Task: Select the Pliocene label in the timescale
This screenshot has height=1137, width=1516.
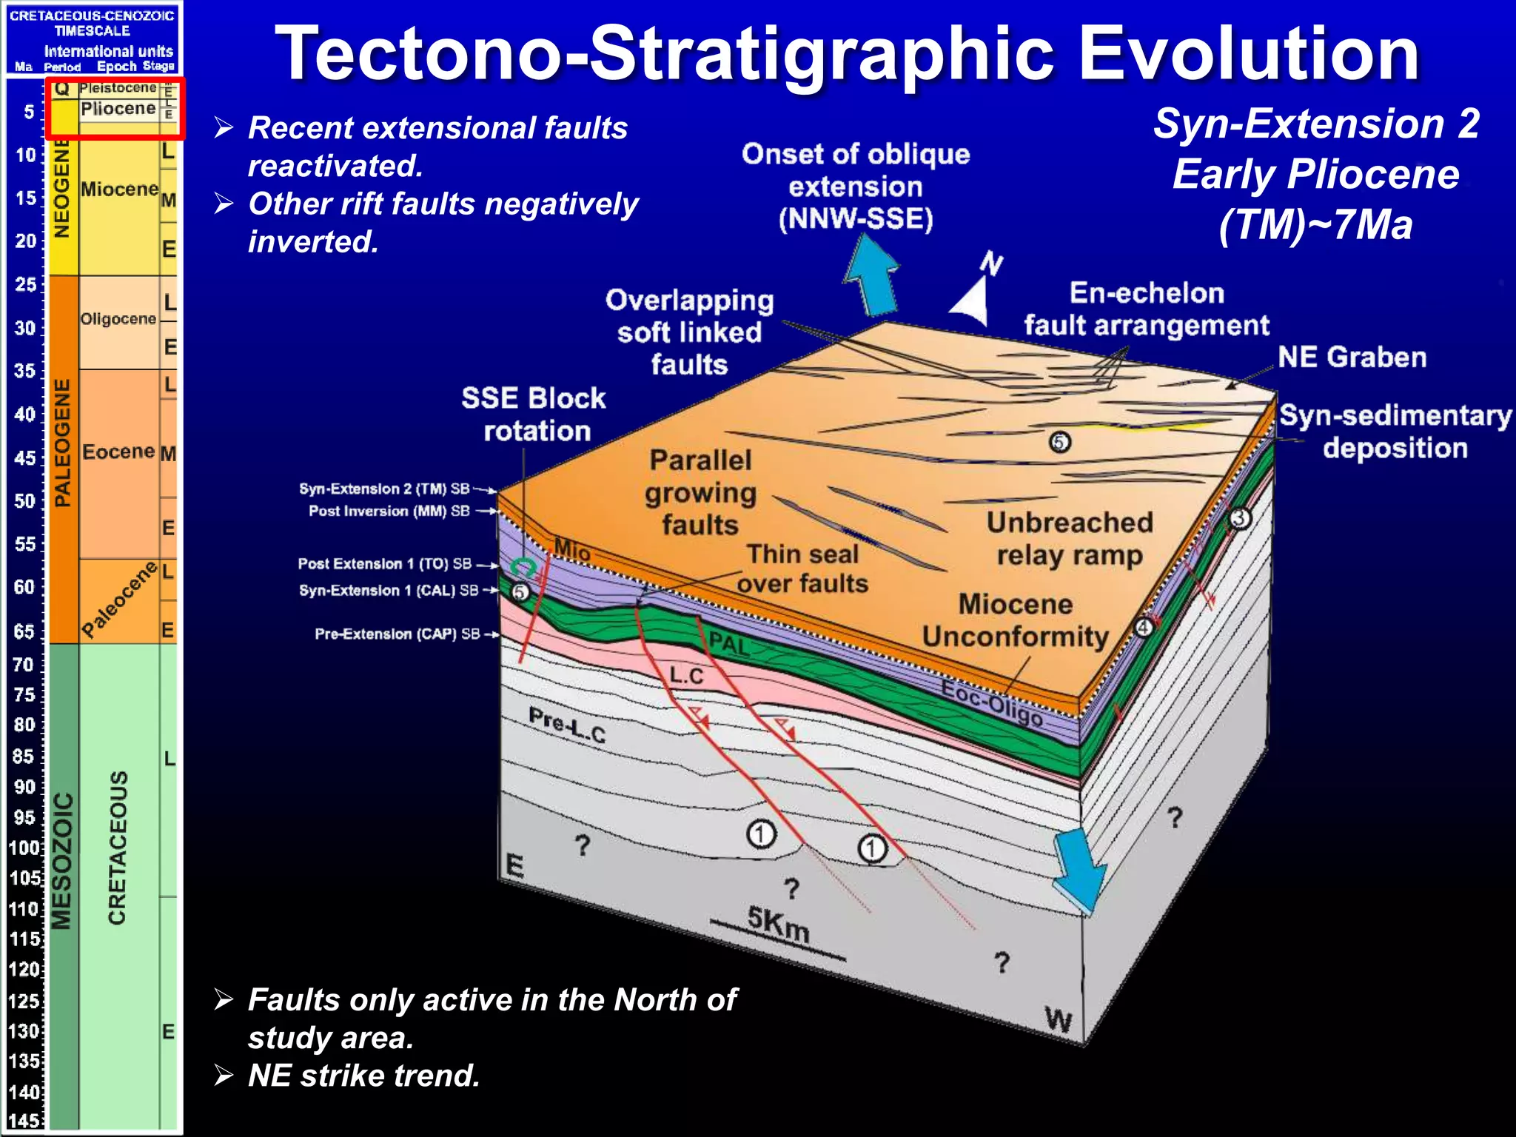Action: click(x=118, y=109)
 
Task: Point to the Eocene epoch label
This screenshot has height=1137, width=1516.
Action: click(x=118, y=452)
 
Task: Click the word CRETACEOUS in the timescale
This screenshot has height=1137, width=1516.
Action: click(x=118, y=848)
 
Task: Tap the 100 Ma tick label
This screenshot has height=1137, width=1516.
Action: click(x=24, y=848)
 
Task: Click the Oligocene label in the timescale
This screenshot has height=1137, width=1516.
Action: click(x=118, y=319)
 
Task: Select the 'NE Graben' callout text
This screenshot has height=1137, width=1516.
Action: click(x=1352, y=358)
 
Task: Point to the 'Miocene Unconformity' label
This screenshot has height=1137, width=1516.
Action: click(x=1015, y=620)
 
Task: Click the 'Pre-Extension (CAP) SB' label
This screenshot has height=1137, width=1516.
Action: click(x=397, y=634)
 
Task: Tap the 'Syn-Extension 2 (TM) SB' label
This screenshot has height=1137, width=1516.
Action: click(x=384, y=489)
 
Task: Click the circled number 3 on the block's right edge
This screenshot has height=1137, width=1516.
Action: click(x=1240, y=518)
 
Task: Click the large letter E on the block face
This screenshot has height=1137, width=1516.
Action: click(x=514, y=865)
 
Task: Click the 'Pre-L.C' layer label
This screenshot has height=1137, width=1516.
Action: click(x=567, y=725)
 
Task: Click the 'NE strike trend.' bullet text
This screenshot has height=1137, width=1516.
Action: click(x=363, y=1076)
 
